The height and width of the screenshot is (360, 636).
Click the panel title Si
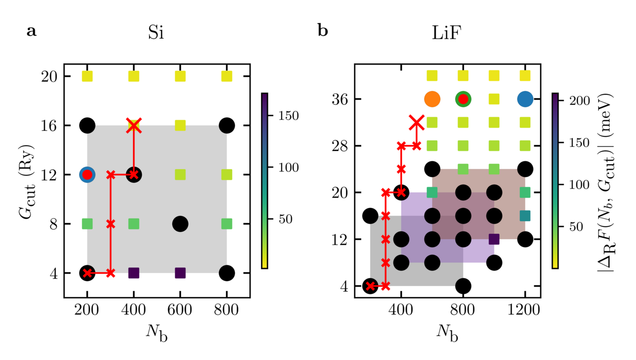coord(157,33)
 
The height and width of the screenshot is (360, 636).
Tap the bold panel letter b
coord(322,32)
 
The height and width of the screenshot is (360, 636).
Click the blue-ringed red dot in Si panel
coord(87,174)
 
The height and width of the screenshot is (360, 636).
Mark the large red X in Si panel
coord(134,125)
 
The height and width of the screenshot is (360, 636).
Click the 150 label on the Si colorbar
coord(284,116)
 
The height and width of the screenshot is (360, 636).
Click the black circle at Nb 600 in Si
coord(180,224)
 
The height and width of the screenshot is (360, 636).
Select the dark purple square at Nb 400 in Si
coord(134,273)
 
